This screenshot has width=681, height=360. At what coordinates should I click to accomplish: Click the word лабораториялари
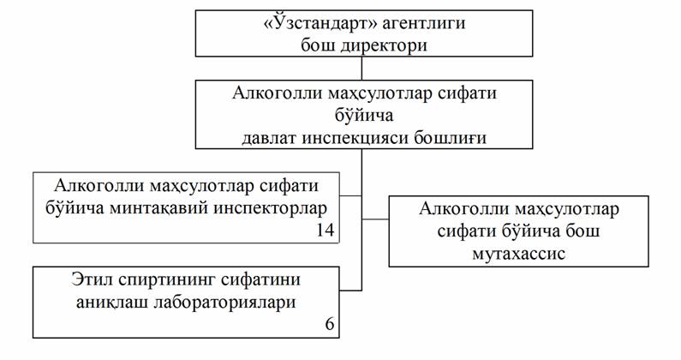click(x=225, y=301)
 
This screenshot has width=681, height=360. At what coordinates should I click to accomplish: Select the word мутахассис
click(x=519, y=253)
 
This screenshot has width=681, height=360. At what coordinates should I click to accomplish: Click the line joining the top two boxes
click(x=363, y=69)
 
